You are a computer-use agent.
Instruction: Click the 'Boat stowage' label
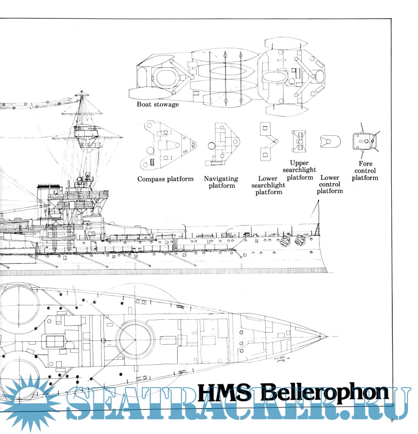[x=158, y=104]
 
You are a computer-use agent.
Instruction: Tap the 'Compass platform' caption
[x=165, y=179]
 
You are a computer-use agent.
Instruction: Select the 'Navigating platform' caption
[x=222, y=182]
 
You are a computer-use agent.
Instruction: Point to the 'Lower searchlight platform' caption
[x=268, y=185]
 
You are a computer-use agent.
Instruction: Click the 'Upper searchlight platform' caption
[x=300, y=170]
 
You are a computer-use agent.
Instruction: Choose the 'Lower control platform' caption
[x=329, y=184]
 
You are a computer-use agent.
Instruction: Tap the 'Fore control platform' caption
[x=365, y=171]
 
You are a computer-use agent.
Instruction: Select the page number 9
[x=391, y=421]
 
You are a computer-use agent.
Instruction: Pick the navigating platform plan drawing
[x=223, y=143]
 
